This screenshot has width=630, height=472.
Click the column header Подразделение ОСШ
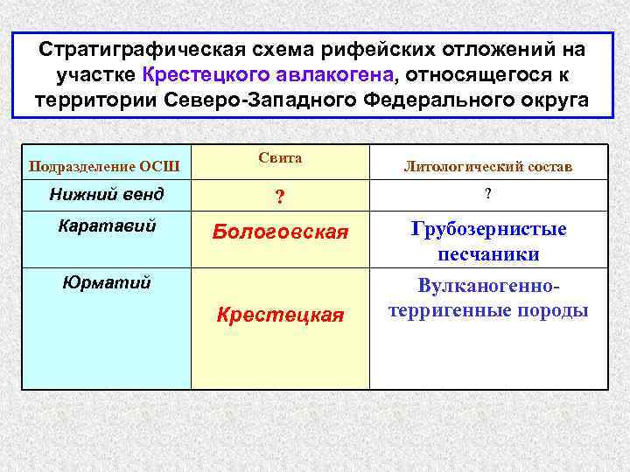tap(105, 166)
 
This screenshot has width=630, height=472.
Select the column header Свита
tap(280, 158)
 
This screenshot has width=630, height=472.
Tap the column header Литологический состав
tap(488, 166)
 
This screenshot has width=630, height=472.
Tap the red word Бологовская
tap(280, 233)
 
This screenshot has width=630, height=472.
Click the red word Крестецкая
tap(280, 315)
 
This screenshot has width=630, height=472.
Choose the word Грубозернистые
tap(489, 229)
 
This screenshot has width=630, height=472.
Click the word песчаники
tap(489, 254)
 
